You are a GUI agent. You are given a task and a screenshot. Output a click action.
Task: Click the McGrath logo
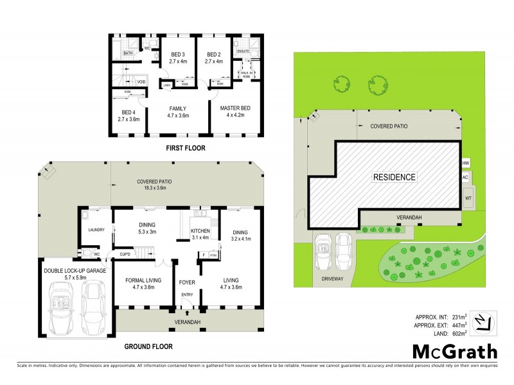pyautogui.click(x=455, y=351)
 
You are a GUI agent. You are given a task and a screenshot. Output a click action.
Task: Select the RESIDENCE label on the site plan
pyautogui.click(x=394, y=177)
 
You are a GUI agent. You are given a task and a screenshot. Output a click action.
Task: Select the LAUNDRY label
pyautogui.click(x=96, y=230)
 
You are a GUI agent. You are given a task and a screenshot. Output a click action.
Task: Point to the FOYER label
pyautogui.click(x=186, y=281)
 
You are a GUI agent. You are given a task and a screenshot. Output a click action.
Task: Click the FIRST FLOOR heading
pyautogui.click(x=186, y=147)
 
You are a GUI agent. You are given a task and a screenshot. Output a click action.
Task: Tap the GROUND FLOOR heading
pyautogui.click(x=148, y=346)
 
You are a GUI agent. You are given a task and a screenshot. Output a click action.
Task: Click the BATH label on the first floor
pyautogui.click(x=128, y=53)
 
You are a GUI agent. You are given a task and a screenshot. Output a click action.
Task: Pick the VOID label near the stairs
pyautogui.click(x=141, y=81)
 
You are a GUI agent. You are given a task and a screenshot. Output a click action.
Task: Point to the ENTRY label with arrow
pyautogui.click(x=186, y=295)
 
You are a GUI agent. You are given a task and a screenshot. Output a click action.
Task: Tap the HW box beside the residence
pyautogui.click(x=466, y=163)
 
